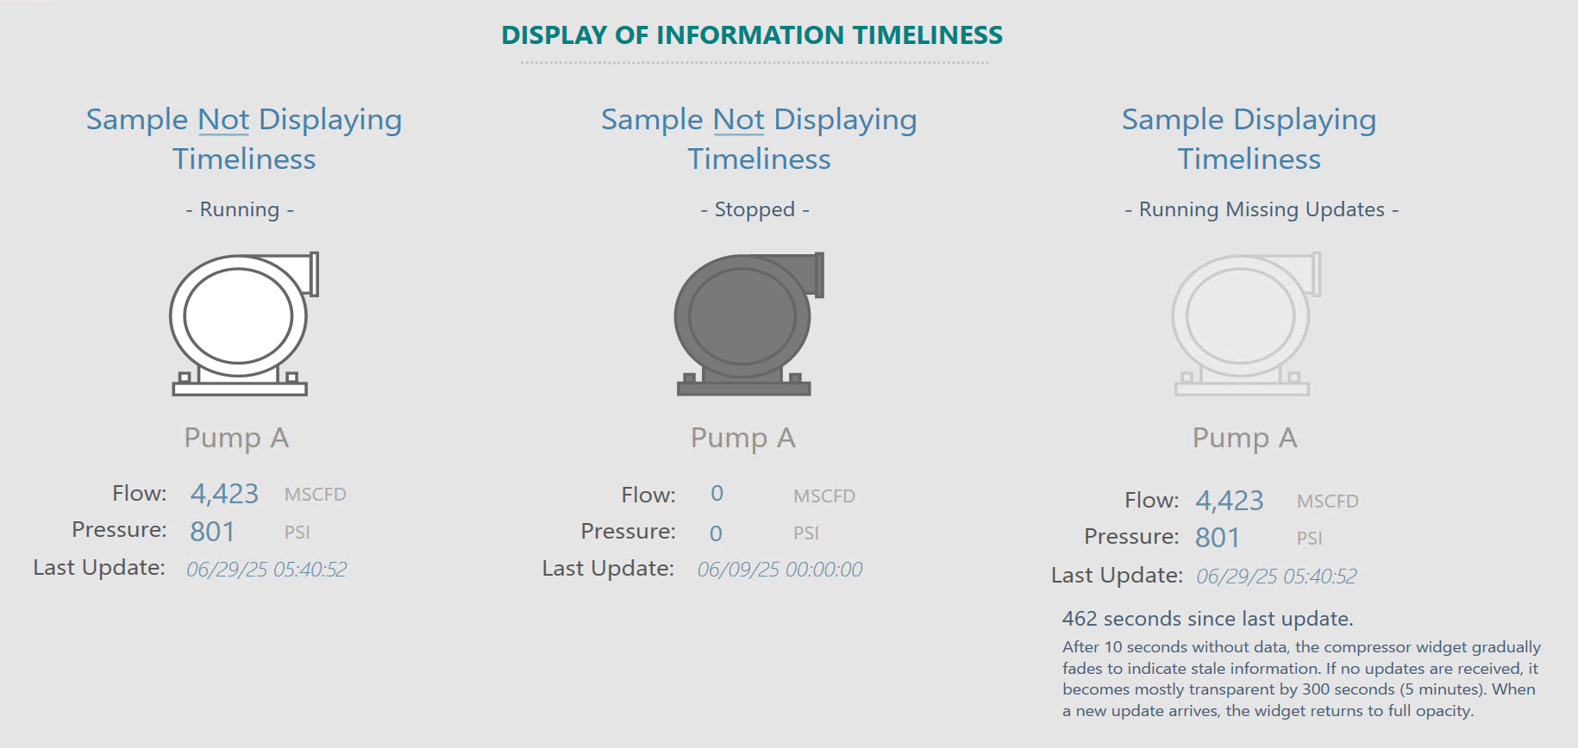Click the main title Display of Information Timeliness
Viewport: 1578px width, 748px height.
(752, 35)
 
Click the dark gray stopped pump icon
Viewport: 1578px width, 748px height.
(748, 324)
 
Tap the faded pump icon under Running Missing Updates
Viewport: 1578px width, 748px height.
(1246, 324)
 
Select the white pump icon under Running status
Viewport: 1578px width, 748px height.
(244, 324)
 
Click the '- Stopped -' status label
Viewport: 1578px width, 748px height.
(755, 209)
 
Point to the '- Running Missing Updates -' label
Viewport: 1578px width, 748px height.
(1262, 209)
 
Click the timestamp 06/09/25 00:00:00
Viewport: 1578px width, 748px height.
(780, 570)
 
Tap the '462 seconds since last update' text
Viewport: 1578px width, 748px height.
(1207, 619)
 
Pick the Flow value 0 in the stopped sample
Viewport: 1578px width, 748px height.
(717, 494)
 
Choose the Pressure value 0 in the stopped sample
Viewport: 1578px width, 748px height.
(716, 533)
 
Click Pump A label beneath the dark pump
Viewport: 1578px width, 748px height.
(742, 438)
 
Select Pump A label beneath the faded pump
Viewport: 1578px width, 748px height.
(1244, 438)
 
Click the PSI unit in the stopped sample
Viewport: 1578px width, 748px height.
(806, 533)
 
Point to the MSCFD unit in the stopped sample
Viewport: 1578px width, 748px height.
(824, 496)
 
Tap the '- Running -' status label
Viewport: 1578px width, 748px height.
(240, 209)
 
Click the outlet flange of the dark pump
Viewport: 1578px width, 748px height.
(819, 275)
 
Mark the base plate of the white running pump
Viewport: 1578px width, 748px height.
(240, 390)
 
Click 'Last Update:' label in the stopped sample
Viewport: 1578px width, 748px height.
(608, 569)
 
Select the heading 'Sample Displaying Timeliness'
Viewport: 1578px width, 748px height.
(1249, 139)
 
